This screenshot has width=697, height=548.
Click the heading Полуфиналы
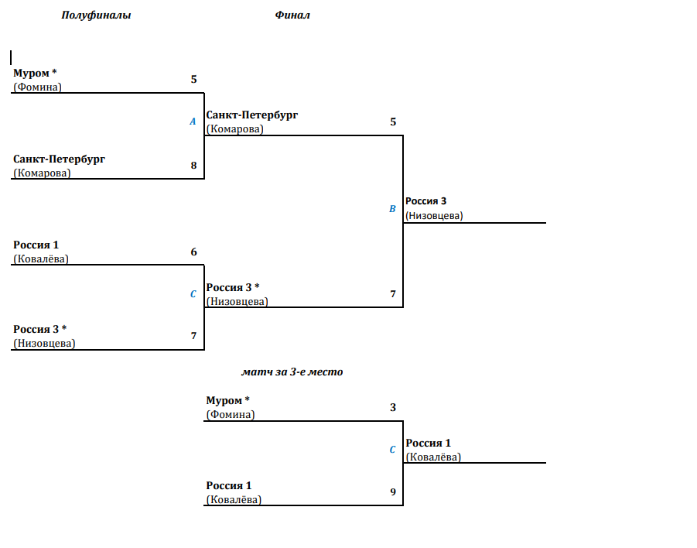click(96, 15)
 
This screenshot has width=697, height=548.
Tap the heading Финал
click(292, 15)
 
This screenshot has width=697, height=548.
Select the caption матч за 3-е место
click(292, 372)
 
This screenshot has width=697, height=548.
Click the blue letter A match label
click(193, 122)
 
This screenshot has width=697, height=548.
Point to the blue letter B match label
click(392, 209)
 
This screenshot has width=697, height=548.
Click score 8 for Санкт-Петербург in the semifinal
click(194, 166)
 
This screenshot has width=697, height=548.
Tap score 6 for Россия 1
click(194, 252)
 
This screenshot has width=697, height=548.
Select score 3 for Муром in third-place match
click(393, 407)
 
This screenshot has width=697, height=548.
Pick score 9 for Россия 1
click(393, 491)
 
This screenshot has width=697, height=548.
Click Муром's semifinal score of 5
click(194, 79)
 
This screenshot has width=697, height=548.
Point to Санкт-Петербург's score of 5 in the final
click(393, 122)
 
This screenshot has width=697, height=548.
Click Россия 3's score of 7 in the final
click(393, 293)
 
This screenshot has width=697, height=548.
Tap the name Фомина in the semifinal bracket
click(37, 87)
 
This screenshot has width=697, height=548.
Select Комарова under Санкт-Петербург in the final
click(234, 129)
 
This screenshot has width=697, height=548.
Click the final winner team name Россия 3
click(425, 201)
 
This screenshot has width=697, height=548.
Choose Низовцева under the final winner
click(434, 216)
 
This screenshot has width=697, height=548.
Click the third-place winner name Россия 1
click(428, 443)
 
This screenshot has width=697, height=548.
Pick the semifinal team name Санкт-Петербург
click(59, 159)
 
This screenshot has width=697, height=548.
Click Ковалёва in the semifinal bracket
click(41, 259)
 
